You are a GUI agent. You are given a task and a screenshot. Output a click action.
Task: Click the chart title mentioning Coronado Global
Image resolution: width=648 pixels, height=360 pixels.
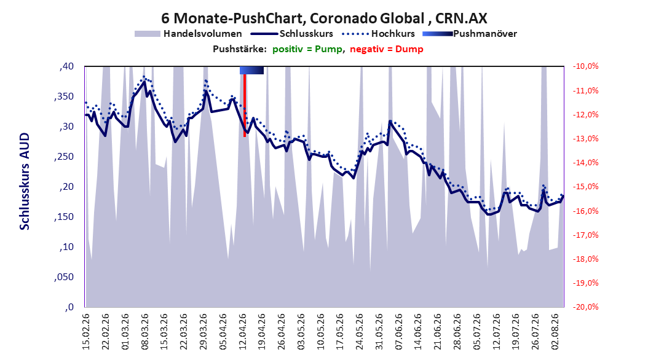pyautogui.click(x=324, y=18)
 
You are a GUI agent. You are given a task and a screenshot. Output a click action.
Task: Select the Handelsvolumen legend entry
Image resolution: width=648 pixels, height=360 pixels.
pyautogui.click(x=188, y=34)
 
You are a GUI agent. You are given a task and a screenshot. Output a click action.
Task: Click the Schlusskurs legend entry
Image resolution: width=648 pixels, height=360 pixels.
pyautogui.click(x=292, y=34)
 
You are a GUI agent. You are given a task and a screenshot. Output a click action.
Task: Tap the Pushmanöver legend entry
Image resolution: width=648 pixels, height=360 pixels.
pyautogui.click(x=470, y=34)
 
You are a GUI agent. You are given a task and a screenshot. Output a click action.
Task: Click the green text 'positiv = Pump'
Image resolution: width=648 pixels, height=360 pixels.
pyautogui.click(x=307, y=49)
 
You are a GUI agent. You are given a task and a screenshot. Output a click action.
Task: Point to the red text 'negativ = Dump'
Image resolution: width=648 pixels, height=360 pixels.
pyautogui.click(x=387, y=49)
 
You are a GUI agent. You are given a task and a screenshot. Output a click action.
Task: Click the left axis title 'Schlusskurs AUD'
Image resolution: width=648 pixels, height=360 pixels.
pyautogui.click(x=25, y=181)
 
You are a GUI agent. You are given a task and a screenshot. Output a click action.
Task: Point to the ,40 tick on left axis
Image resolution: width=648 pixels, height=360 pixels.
pyautogui.click(x=66, y=66)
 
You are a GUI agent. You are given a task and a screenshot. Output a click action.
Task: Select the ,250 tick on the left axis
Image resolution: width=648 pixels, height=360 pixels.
pyautogui.click(x=64, y=157)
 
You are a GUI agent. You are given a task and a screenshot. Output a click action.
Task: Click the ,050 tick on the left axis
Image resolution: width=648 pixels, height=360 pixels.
pyautogui.click(x=64, y=277)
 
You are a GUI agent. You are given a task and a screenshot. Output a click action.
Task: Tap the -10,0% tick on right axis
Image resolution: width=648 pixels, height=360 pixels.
pyautogui.click(x=585, y=66)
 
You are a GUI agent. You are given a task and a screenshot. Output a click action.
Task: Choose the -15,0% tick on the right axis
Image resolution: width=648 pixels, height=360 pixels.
pyautogui.click(x=585, y=187)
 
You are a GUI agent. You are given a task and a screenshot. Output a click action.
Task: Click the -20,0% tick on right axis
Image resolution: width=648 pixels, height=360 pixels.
pyautogui.click(x=585, y=307)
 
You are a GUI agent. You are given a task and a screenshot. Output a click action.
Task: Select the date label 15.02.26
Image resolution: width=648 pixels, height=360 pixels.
pyautogui.click(x=86, y=332)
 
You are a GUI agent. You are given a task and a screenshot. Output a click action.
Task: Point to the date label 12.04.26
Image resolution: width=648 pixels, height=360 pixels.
pyautogui.click(x=243, y=332)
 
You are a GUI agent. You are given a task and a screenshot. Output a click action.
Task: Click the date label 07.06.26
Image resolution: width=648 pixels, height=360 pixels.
pyautogui.click(x=399, y=332)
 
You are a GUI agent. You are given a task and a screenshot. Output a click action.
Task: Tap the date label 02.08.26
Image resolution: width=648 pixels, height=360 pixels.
pyautogui.click(x=555, y=332)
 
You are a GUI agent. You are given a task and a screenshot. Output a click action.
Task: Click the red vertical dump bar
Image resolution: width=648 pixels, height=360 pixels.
pyautogui.click(x=245, y=105)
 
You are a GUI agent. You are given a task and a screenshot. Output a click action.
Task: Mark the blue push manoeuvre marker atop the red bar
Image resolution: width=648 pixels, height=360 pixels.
pyautogui.click(x=251, y=70)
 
